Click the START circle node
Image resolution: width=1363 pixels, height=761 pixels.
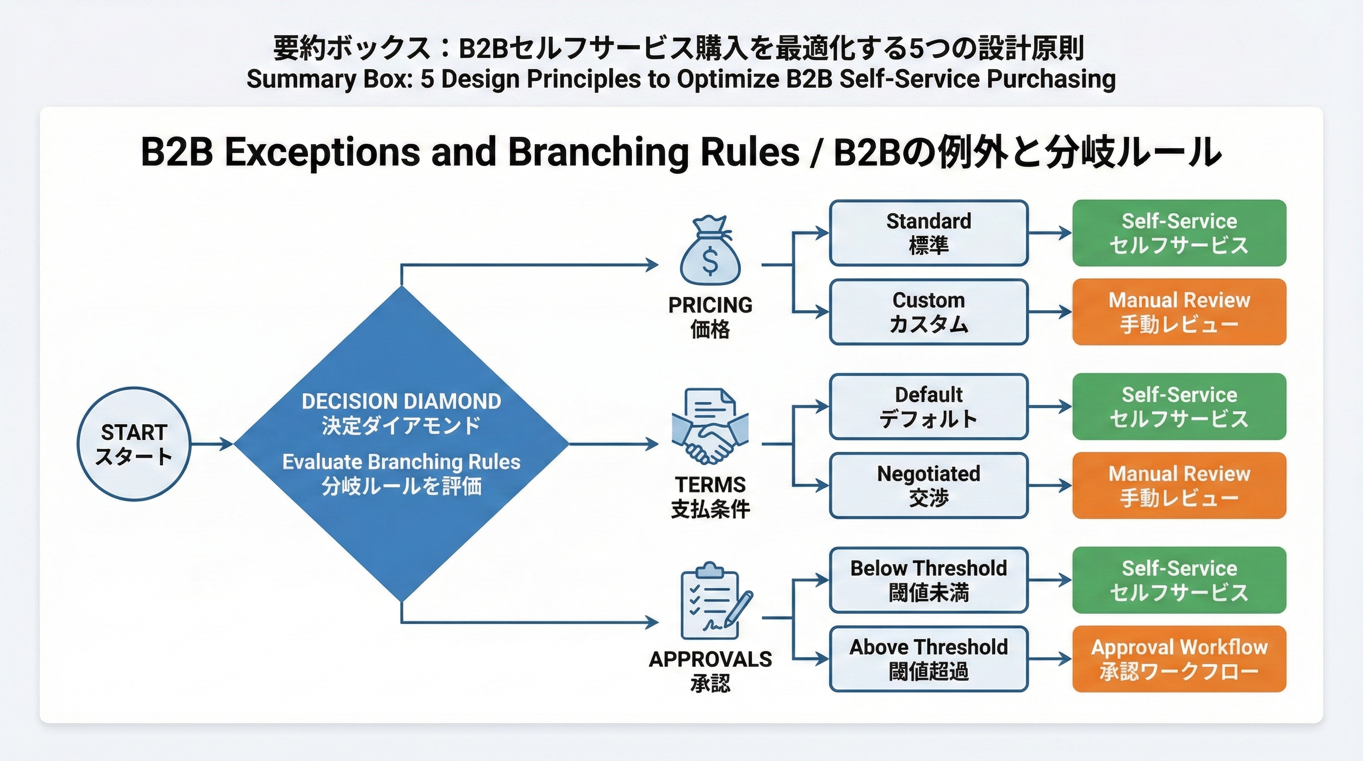click(134, 444)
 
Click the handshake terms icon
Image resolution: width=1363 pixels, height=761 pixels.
click(710, 427)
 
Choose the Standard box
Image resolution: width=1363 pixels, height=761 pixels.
click(928, 233)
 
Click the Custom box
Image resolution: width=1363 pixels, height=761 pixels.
click(928, 312)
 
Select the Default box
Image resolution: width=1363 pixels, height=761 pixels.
click(928, 406)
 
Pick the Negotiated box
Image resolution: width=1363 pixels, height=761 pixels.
click(928, 485)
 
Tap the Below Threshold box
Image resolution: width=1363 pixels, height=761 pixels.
click(928, 580)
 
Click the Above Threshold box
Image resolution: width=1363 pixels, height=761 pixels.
click(928, 659)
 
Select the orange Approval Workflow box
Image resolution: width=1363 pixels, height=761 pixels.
click(1179, 659)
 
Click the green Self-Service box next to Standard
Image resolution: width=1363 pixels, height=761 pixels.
click(1179, 233)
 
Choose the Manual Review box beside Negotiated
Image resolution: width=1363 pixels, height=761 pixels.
click(1179, 485)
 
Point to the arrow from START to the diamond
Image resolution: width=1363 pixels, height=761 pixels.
click(211, 444)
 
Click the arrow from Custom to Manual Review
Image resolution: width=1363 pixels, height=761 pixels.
click(1050, 312)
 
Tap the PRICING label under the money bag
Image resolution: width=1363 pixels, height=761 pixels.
click(710, 305)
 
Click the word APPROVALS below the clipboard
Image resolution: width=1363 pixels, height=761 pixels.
click(710, 659)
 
